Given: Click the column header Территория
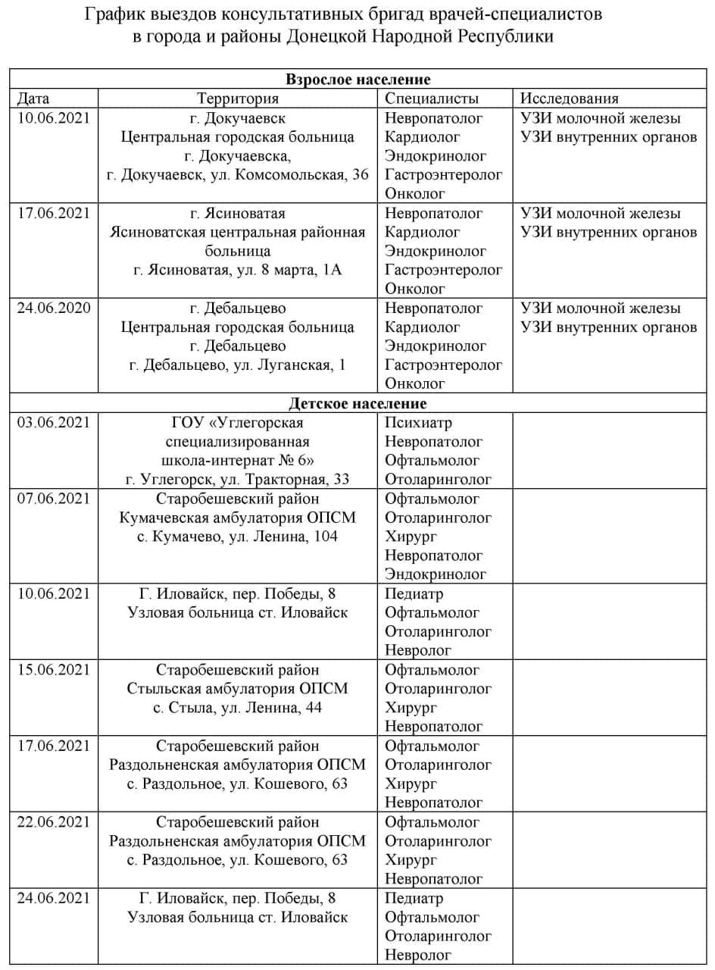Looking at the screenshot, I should [238, 99].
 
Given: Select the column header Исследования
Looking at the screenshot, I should [570, 99].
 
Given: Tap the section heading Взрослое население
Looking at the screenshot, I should [357, 80].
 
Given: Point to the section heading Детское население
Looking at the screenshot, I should [357, 404].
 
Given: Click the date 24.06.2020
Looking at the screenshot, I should [54, 308].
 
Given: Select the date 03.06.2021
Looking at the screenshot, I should [54, 423].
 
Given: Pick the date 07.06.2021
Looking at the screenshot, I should [54, 499].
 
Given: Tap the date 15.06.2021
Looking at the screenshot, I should [54, 670].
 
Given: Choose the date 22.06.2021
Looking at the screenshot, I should [54, 822].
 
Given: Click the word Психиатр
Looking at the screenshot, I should [418, 423].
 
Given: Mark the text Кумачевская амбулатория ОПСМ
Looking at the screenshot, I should [238, 518].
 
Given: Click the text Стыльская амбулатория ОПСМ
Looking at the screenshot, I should [238, 689].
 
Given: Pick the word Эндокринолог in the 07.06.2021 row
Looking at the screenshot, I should [436, 574].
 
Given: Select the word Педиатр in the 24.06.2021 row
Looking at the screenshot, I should [414, 899].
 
